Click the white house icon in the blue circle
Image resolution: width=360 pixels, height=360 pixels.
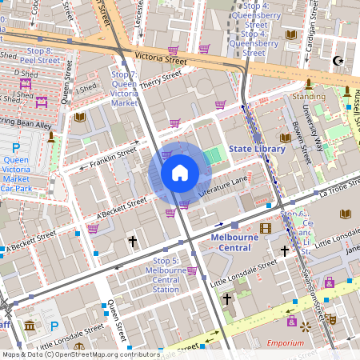tap(180, 173)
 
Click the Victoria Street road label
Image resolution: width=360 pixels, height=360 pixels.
tap(161, 59)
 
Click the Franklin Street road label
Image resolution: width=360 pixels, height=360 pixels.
tap(113, 156)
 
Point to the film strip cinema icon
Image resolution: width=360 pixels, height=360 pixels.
tap(266, 229)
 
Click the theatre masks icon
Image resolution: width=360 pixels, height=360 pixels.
tap(329, 318)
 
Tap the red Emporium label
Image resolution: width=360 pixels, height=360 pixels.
tap(285, 343)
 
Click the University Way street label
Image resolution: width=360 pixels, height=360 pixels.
tap(317, 133)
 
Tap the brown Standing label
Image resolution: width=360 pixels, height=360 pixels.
tap(308, 96)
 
